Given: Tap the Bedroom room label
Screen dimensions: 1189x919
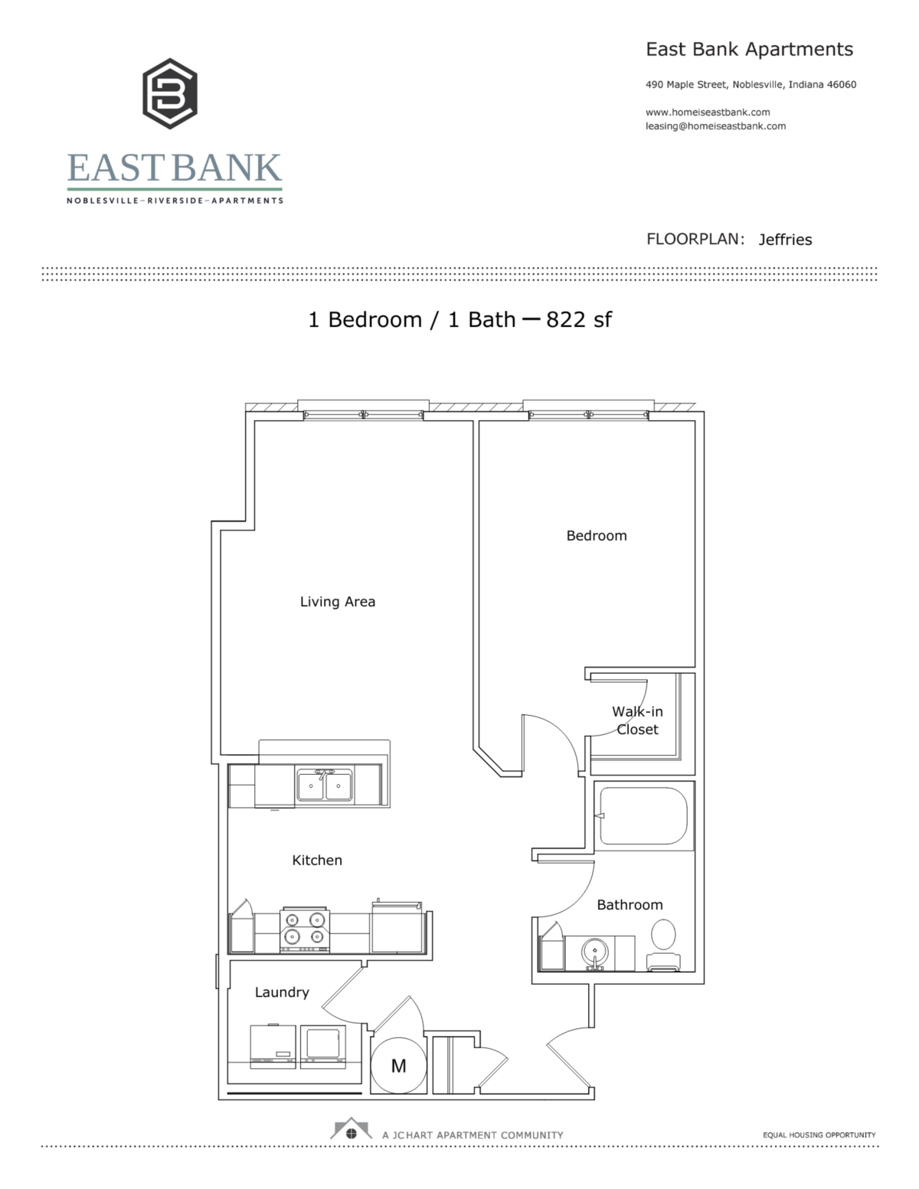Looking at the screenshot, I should pyautogui.click(x=596, y=536).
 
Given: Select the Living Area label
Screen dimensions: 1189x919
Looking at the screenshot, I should pyautogui.click(x=337, y=602).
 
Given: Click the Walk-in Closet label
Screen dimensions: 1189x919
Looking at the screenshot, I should pyautogui.click(x=637, y=720).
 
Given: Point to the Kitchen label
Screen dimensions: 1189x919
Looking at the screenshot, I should pyautogui.click(x=316, y=861).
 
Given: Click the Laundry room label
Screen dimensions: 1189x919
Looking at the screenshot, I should pyautogui.click(x=281, y=992).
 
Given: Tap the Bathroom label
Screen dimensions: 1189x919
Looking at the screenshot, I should pyautogui.click(x=630, y=905).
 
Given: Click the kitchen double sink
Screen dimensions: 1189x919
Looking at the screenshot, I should pyautogui.click(x=324, y=786).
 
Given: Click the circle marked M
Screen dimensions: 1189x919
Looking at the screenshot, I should pyautogui.click(x=398, y=1066).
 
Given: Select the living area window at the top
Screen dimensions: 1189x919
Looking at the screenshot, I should pyautogui.click(x=363, y=414).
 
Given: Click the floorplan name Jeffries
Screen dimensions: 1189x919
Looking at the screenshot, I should pyautogui.click(x=785, y=240).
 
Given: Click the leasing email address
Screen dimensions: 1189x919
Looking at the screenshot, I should pyautogui.click(x=715, y=126).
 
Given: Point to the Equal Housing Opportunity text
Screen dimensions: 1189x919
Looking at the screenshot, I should pyautogui.click(x=819, y=1135).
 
